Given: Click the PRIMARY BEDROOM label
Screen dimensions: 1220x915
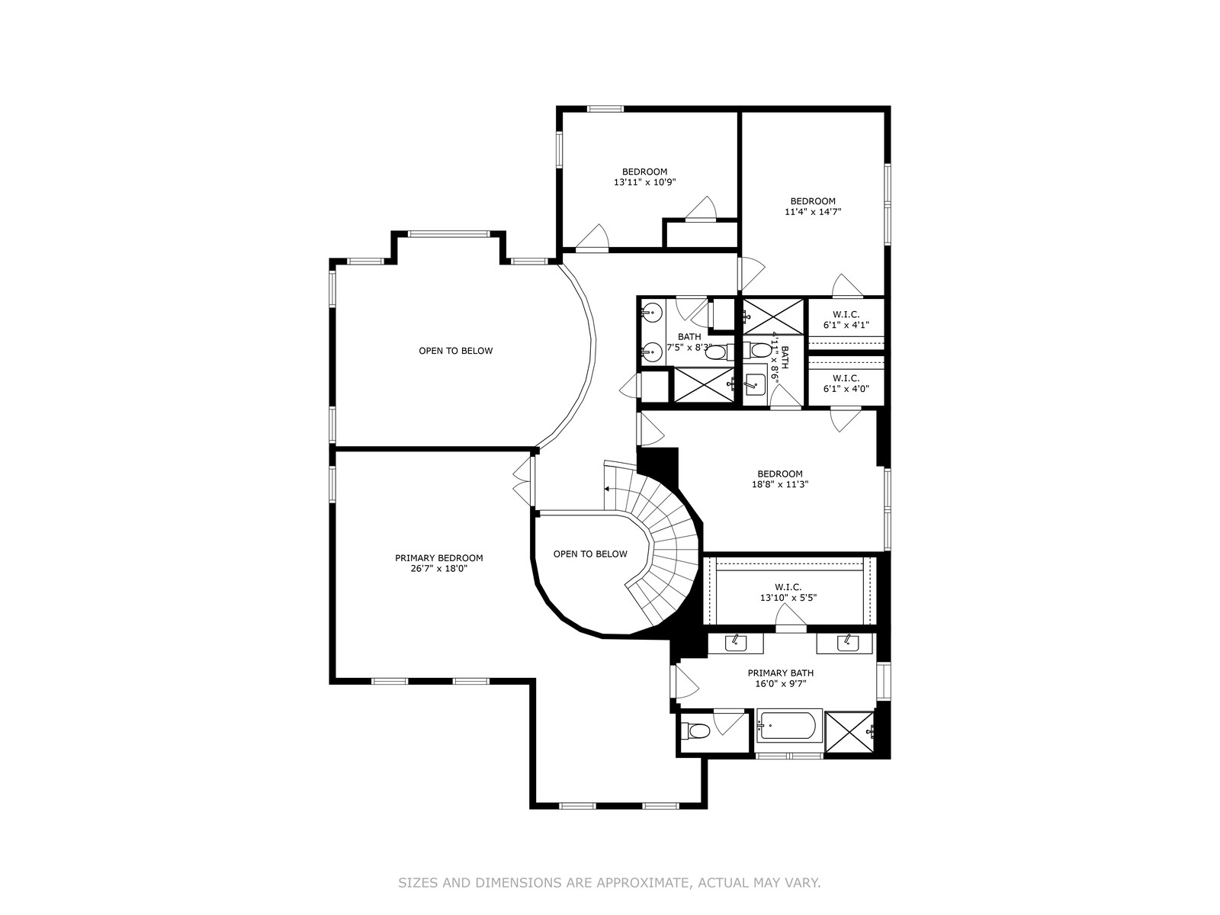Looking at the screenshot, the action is (438, 563).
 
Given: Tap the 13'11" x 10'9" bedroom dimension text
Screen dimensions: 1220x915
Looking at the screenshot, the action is (644, 181).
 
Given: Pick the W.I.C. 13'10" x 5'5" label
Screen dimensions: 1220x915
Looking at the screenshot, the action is (788, 592).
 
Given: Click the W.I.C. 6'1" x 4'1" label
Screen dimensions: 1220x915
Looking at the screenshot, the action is (846, 319).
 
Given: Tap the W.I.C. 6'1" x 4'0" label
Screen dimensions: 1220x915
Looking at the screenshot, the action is (846, 384).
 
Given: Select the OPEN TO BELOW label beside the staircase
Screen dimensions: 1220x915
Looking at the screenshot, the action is (589, 554).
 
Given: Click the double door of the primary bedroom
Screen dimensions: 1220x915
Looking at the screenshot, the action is (522, 481).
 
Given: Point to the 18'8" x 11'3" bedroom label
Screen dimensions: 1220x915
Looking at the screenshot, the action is (780, 479).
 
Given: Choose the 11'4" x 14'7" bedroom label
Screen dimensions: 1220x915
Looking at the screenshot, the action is (813, 206).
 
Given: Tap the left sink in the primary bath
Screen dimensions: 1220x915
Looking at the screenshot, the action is (735, 642).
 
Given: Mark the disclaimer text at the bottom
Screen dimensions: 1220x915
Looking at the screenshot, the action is (609, 882).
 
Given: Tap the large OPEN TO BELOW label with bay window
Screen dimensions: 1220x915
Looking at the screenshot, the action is (455, 351).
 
